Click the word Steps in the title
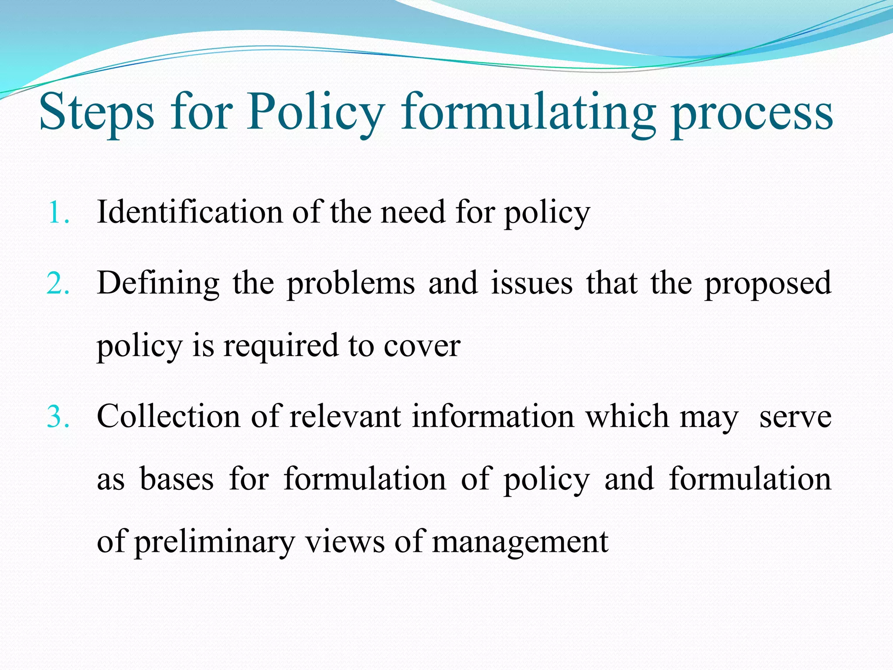(97, 113)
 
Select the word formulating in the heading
(528, 113)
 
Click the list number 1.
(58, 213)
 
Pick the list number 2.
(58, 284)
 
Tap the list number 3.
(58, 417)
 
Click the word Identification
(190, 212)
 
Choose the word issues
(532, 284)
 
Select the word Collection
(168, 416)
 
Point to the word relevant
(345, 416)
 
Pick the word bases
(177, 479)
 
